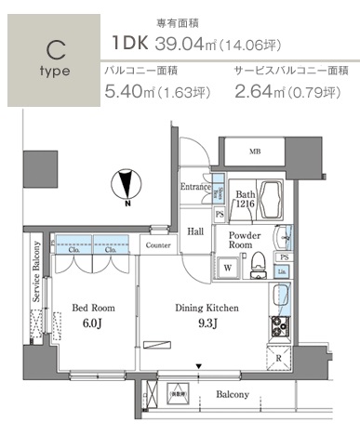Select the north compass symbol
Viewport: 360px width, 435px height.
[x=127, y=185]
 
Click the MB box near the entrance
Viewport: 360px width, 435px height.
[x=254, y=152]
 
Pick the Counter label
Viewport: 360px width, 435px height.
[x=157, y=245]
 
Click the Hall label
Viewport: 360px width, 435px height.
[x=196, y=232]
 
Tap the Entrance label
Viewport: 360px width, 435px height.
[x=195, y=187]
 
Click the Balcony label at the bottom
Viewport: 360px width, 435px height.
[x=233, y=394]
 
